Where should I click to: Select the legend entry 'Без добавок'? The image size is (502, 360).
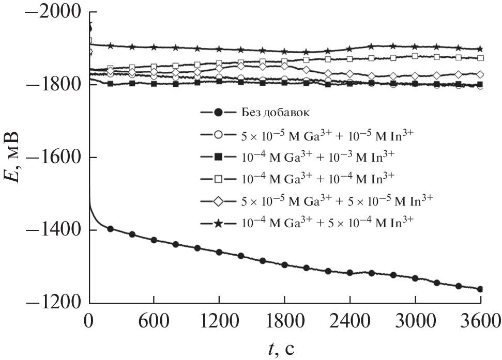tap(275, 112)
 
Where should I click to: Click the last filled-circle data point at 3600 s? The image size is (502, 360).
tap(480, 289)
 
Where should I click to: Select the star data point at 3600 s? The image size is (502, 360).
tap(480, 49)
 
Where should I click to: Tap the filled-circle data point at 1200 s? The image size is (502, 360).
tap(219, 252)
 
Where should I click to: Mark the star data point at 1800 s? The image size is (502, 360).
tap(284, 52)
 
